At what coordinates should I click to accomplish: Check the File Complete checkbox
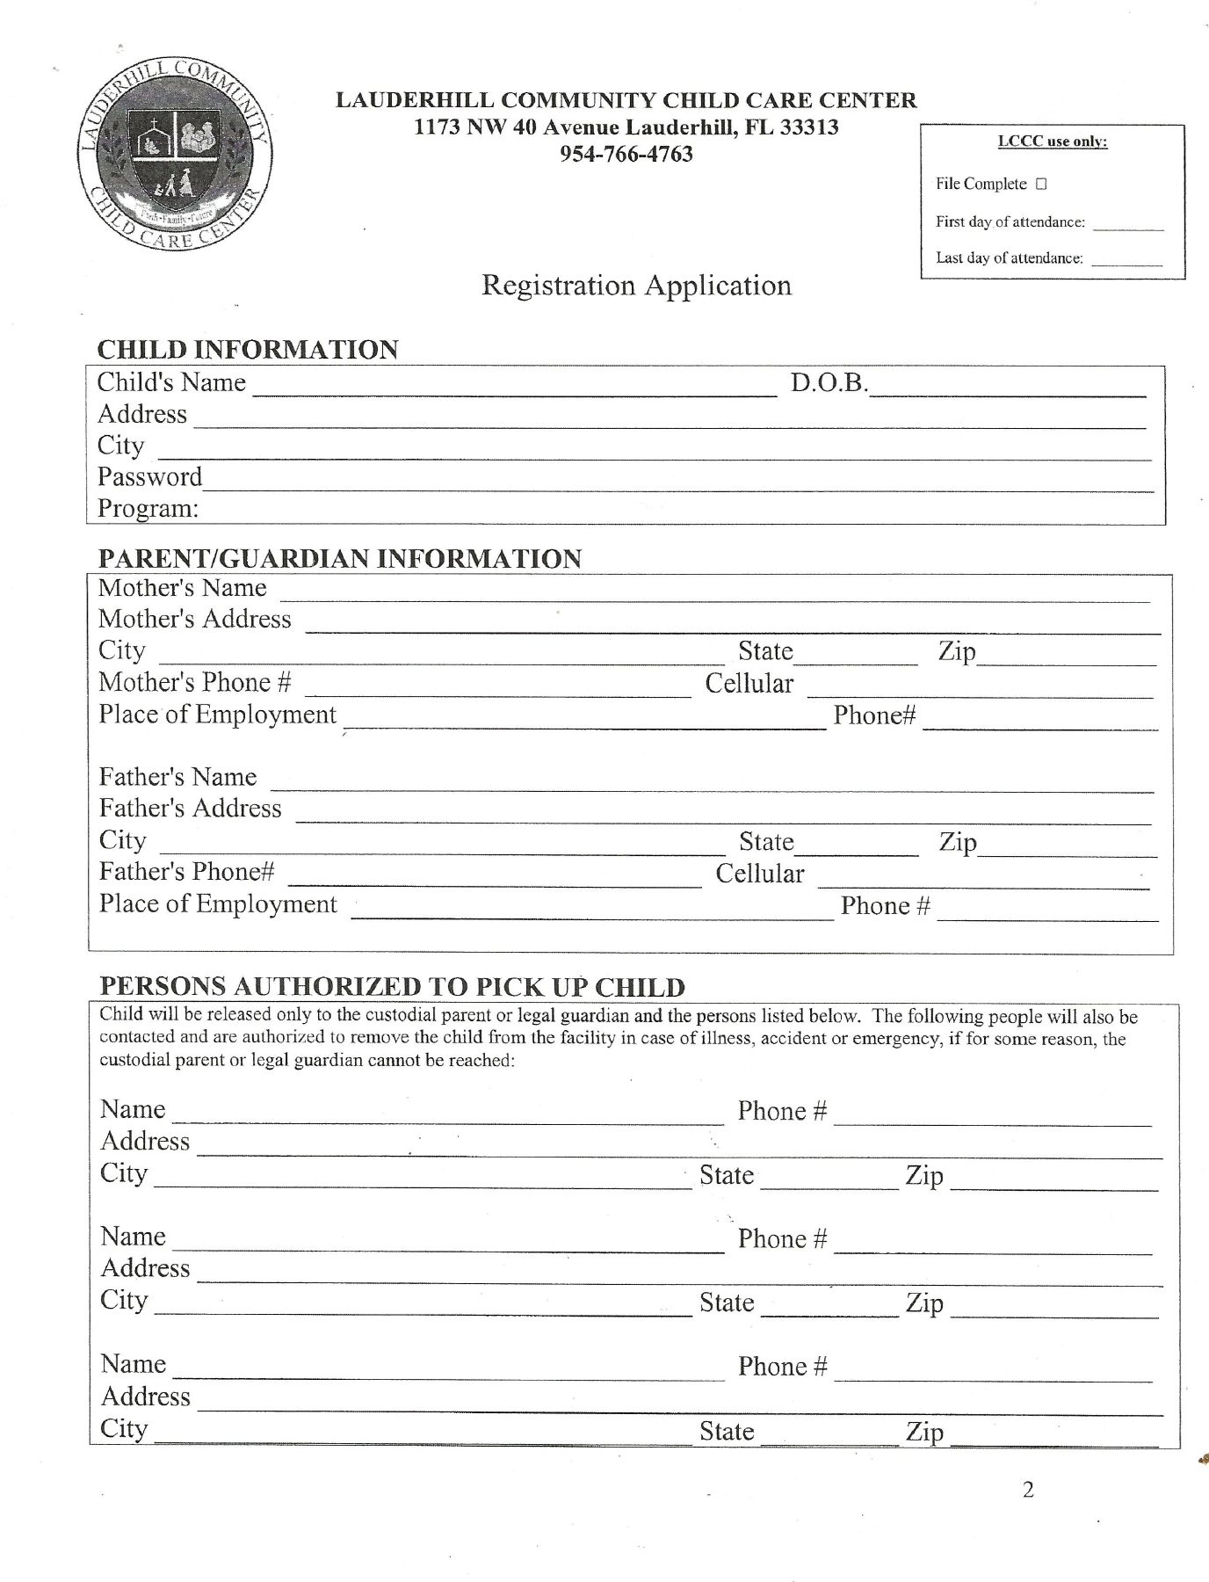tap(1041, 185)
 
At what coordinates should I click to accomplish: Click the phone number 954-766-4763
tap(626, 155)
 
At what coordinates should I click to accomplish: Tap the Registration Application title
tap(636, 286)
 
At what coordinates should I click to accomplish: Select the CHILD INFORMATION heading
tap(248, 350)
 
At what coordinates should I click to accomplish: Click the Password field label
tap(149, 477)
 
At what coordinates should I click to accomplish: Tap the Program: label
tap(148, 509)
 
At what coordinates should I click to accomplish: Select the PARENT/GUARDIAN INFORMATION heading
tap(339, 559)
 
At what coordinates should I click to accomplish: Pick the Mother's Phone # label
tap(195, 683)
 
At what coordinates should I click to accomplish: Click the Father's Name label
tap(177, 777)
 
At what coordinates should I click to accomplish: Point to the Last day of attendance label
tap(1009, 258)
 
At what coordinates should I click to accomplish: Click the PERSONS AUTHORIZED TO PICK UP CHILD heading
tap(392, 986)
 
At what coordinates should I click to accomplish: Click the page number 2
tap(1028, 1490)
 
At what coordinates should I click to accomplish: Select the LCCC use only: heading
tap(1053, 142)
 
